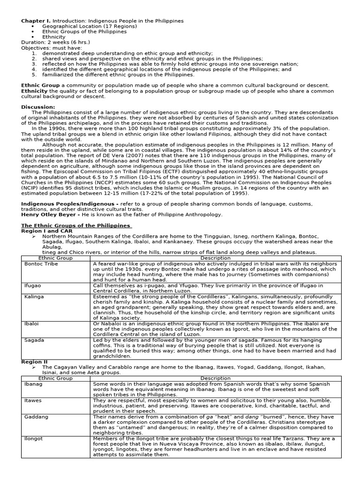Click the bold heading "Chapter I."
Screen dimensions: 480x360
coord(36,21)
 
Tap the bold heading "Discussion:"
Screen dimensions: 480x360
coord(38,107)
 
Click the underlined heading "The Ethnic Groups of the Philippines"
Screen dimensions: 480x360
coord(76,225)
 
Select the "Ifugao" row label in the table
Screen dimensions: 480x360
coord(33,285)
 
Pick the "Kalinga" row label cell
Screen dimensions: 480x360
coord(34,297)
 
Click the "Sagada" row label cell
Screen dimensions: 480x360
coord(34,340)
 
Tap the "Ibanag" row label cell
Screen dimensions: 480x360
coord(33,383)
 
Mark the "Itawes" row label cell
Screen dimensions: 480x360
coord(33,401)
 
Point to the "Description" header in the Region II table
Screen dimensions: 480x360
coord(216,378)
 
